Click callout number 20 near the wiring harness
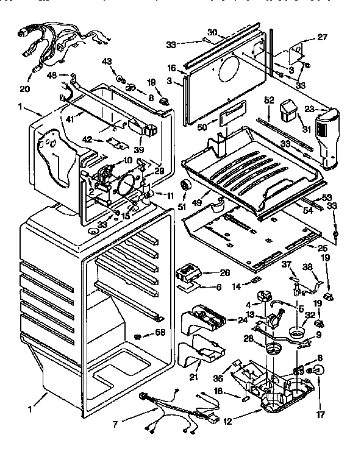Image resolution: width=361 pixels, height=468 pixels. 24,89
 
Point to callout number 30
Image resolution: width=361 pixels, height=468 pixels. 212,32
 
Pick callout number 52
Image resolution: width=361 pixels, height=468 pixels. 269,100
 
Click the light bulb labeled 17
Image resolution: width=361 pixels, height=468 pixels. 319,370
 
